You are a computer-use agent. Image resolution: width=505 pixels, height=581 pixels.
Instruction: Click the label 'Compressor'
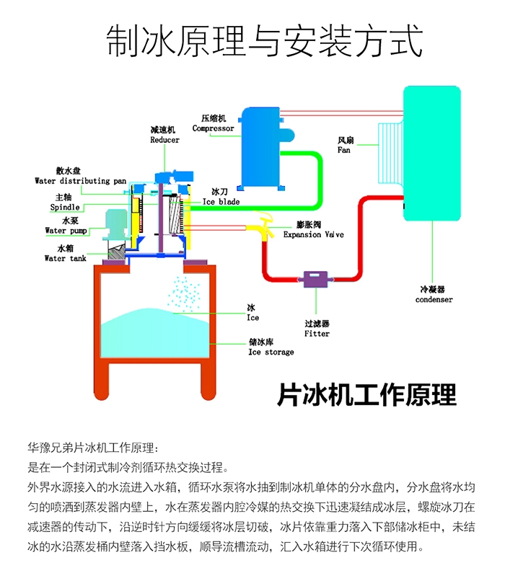213,128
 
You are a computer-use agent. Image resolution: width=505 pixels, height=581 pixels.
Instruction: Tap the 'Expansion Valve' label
313,234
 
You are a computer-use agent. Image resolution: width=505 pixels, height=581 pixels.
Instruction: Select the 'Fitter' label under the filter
317,334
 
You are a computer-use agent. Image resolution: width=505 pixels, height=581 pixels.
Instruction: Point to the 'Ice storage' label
271,352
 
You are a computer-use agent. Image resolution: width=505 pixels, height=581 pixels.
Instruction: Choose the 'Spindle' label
65,207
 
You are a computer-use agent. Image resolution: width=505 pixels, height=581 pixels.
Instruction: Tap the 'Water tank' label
65,258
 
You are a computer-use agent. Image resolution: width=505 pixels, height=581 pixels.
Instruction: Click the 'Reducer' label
164,140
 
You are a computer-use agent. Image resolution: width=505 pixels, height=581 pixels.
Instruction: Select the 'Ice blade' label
221,202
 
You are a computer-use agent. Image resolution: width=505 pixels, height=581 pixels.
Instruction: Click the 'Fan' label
345,151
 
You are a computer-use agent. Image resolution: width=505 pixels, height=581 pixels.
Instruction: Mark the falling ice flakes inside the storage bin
184,293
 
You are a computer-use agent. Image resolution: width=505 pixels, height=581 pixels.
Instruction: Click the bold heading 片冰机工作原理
366,396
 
